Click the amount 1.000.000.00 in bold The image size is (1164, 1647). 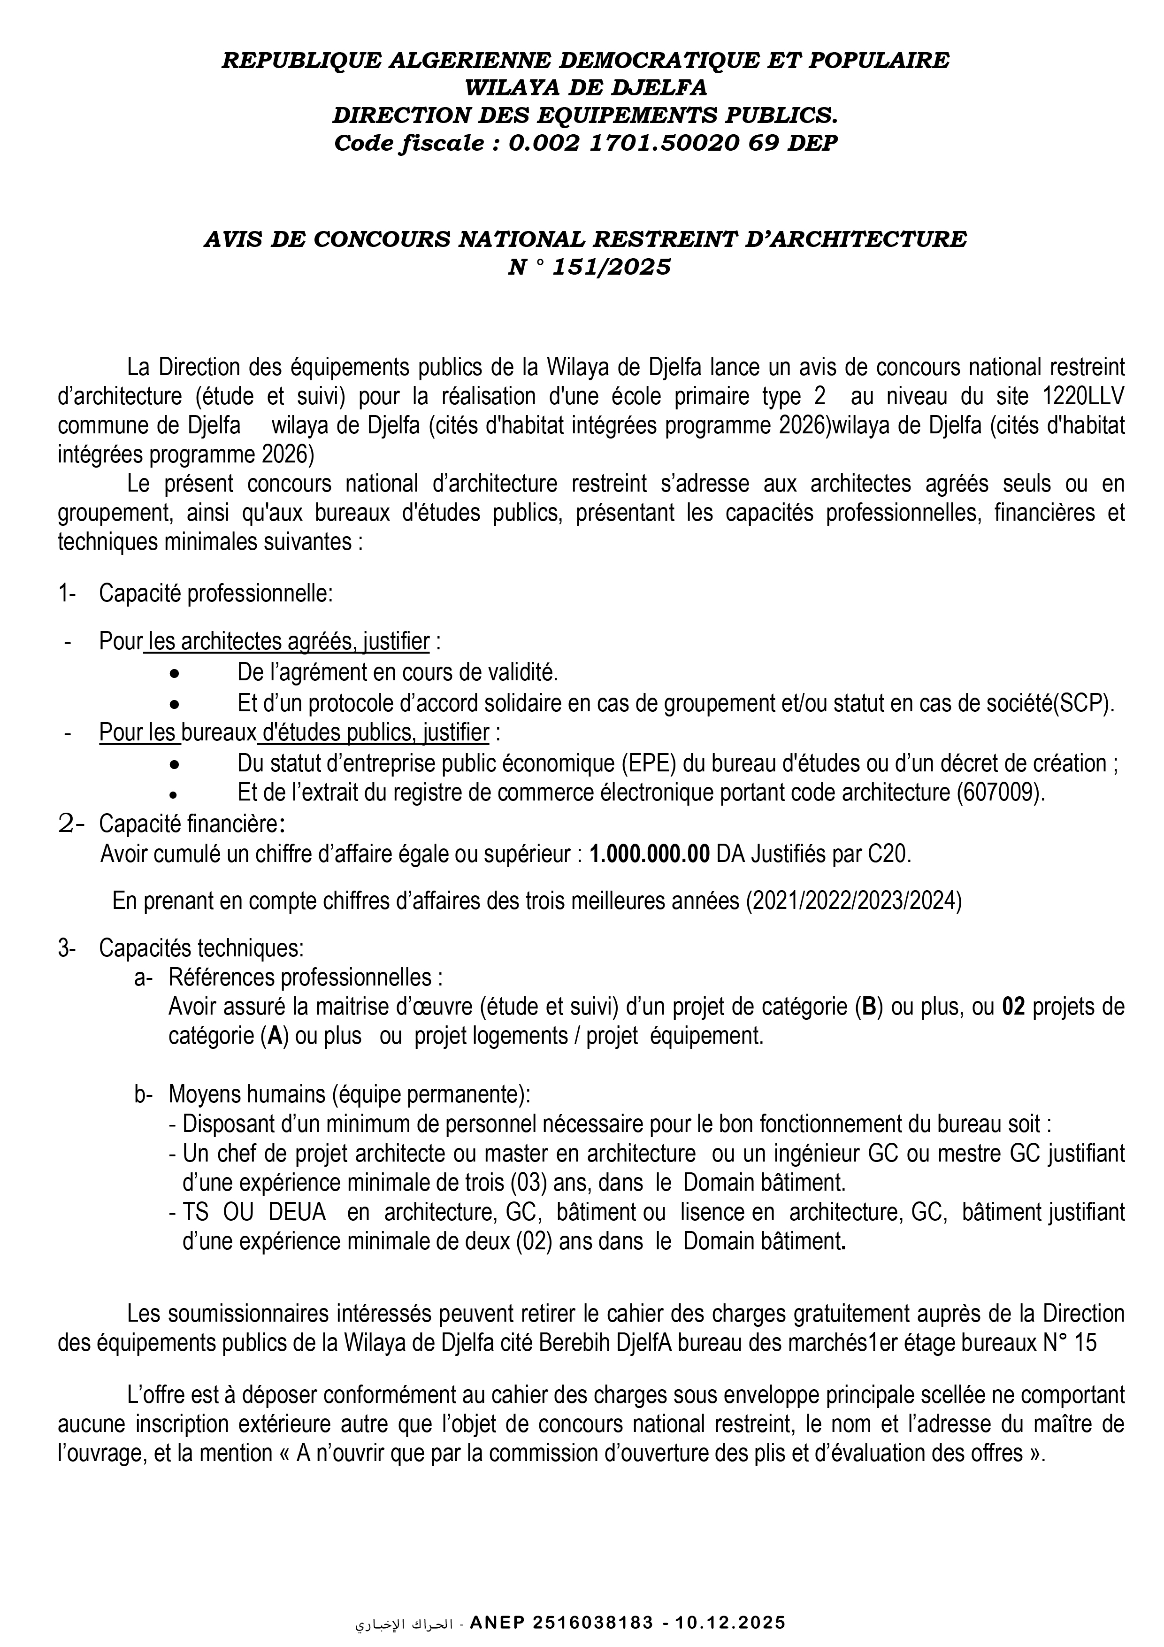pyautogui.click(x=650, y=854)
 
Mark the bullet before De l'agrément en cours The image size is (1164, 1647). pyautogui.click(x=174, y=674)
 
